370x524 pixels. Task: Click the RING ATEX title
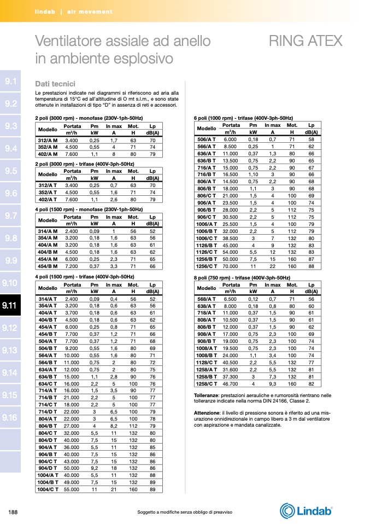[x=306, y=42]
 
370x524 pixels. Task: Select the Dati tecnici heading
[x=55, y=84]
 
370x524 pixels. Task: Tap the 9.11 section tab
[x=10, y=305]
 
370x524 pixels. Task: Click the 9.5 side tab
[x=10, y=171]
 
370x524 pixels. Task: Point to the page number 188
[x=14, y=512]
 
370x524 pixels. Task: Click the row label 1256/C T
[x=207, y=266]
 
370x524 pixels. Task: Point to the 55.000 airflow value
[x=71, y=490]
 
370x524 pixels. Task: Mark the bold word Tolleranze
[x=209, y=395]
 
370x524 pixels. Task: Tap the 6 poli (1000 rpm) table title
[x=243, y=118]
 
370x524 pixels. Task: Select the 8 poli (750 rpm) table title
[x=242, y=278]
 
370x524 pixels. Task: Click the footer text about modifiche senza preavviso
[x=185, y=512]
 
